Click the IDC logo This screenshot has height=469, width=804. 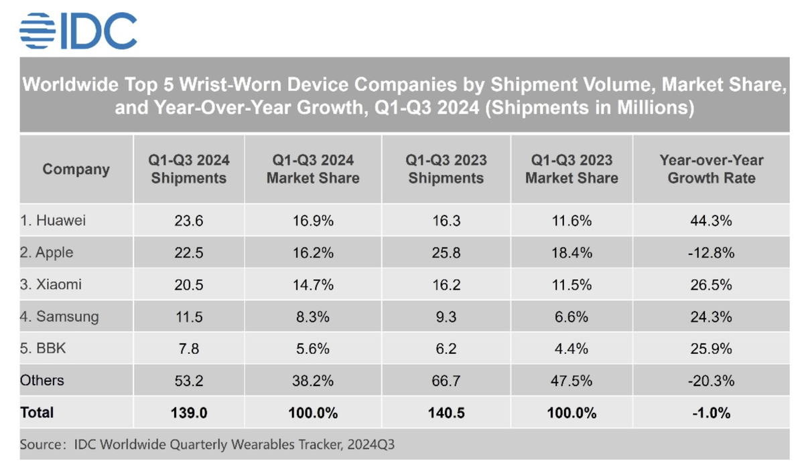78,31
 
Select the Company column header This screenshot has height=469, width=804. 76,169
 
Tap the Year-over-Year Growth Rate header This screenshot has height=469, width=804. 711,169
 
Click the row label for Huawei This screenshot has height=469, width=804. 53,220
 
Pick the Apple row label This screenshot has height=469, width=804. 47,252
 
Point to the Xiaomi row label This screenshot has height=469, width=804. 51,284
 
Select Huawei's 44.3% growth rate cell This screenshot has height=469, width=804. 711,220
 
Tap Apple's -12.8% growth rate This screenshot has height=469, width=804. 711,252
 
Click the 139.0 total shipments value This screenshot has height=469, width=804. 188,413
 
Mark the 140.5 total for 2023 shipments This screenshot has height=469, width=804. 446,413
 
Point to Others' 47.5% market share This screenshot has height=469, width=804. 572,381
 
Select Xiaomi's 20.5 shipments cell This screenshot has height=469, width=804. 188,284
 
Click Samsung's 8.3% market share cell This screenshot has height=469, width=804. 313,316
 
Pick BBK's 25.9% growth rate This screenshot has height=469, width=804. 711,348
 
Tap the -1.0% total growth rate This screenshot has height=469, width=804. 711,413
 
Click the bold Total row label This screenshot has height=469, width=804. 37,413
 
